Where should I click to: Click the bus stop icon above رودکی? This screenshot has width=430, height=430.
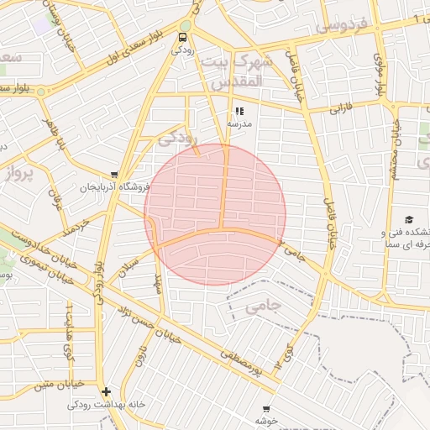coord(183,37)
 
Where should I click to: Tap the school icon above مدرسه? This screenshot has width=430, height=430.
coord(239,110)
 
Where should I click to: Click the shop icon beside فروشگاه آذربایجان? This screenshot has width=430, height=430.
coord(114,175)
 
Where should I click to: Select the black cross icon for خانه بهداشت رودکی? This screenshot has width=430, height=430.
coord(106,391)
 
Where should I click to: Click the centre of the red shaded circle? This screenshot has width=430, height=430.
coord(215,214)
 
